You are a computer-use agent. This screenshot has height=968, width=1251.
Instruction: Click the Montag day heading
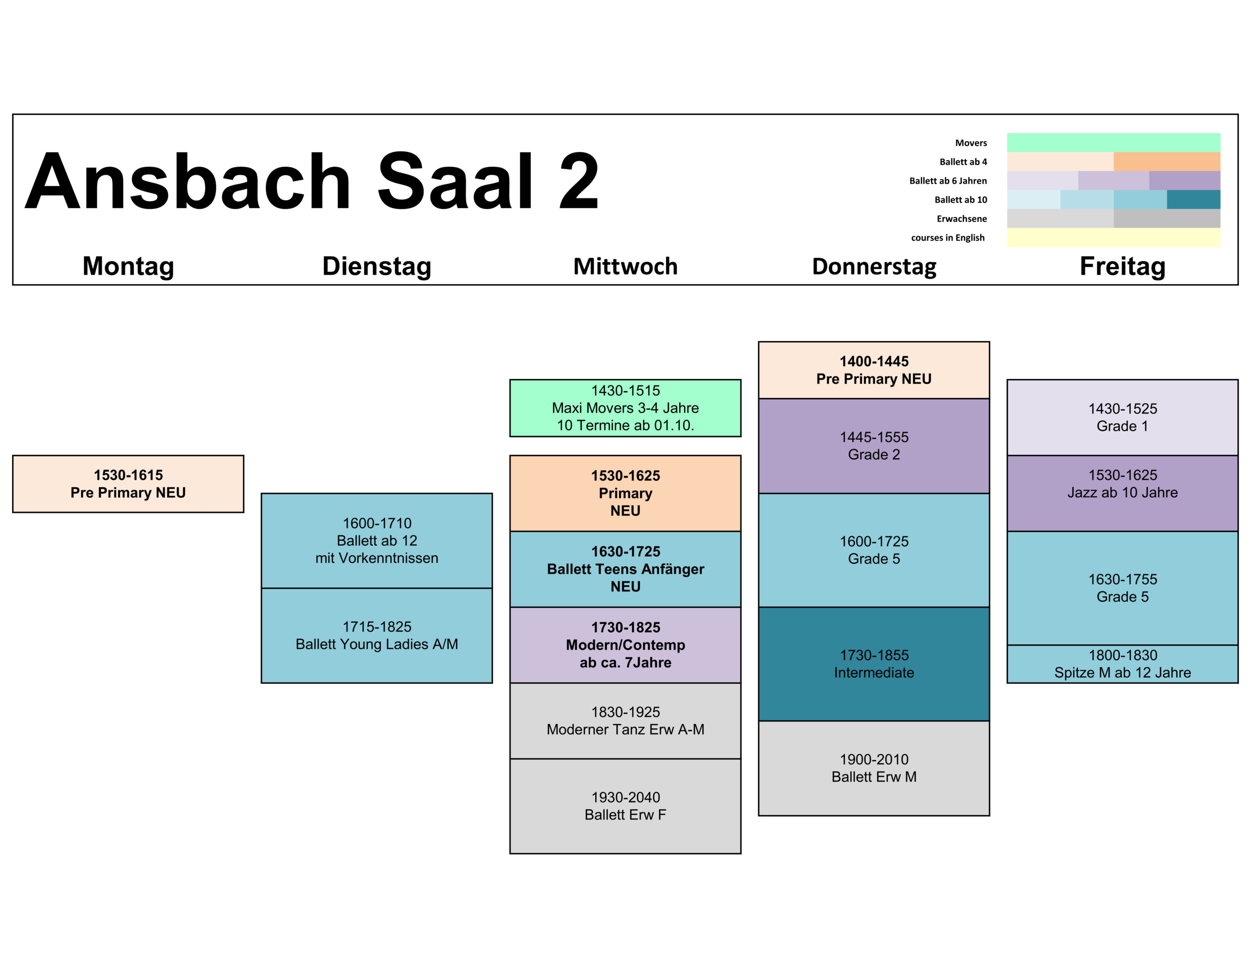click(129, 266)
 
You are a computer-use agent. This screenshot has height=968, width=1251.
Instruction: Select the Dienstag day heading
click(377, 266)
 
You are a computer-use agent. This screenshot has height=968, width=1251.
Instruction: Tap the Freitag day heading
click(1122, 266)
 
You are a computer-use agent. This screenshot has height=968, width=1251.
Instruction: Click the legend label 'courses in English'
click(948, 237)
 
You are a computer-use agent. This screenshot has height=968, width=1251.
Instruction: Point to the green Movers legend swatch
click(1114, 143)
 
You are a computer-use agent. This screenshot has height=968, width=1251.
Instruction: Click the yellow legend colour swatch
click(1114, 237)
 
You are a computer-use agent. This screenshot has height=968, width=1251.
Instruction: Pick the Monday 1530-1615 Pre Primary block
click(129, 484)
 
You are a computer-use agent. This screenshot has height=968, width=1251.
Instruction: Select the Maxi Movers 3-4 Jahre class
click(625, 408)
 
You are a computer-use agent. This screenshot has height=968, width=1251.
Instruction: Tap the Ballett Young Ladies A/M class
click(377, 635)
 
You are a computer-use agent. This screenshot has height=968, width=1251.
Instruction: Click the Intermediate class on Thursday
click(874, 664)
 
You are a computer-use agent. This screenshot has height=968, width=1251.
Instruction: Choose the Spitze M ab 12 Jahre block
click(1122, 664)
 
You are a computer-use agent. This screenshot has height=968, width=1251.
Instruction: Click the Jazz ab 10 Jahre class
click(1122, 493)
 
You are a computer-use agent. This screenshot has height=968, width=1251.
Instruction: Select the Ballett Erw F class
click(625, 806)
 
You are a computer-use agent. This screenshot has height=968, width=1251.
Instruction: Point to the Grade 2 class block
click(874, 446)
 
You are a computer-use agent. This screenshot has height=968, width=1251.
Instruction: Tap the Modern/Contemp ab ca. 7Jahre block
click(625, 645)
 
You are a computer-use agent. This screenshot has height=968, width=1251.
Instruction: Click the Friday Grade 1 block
click(1122, 417)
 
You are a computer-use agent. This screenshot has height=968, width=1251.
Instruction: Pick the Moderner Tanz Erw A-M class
click(625, 721)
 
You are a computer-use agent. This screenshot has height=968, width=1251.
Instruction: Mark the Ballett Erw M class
click(874, 768)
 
